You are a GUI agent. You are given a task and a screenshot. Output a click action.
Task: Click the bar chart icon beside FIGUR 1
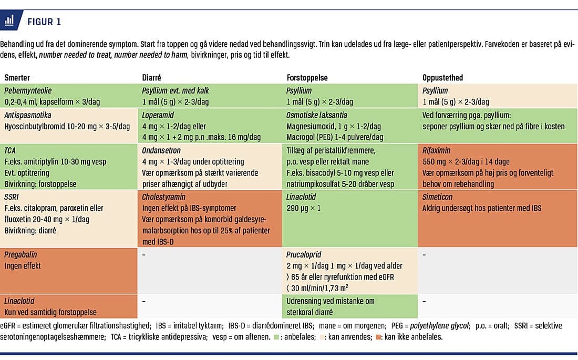[9, 22]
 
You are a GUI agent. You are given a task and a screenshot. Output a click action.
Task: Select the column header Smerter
[17, 77]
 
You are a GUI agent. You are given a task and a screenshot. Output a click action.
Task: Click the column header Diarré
[152, 77]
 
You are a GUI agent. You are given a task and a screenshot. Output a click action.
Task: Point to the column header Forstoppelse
[307, 77]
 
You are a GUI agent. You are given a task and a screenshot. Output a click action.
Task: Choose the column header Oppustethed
[442, 77]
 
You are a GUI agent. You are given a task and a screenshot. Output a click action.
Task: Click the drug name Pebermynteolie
[28, 90]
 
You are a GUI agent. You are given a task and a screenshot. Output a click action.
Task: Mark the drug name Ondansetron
[161, 150]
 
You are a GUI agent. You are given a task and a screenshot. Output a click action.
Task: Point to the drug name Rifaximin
[437, 150]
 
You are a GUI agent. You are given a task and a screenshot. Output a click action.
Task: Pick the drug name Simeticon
[438, 197]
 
